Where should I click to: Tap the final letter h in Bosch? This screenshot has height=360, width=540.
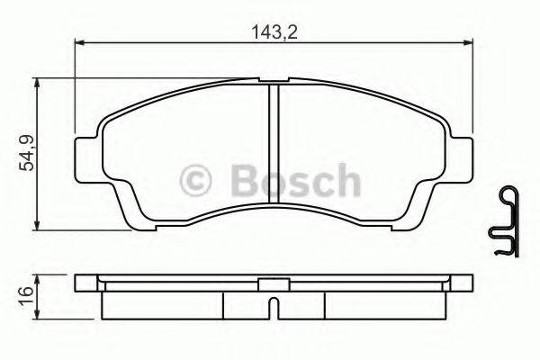point(346,180)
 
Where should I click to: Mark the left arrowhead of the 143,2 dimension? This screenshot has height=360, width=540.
point(78,40)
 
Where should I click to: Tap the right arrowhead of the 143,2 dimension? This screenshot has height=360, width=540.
point(470,40)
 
